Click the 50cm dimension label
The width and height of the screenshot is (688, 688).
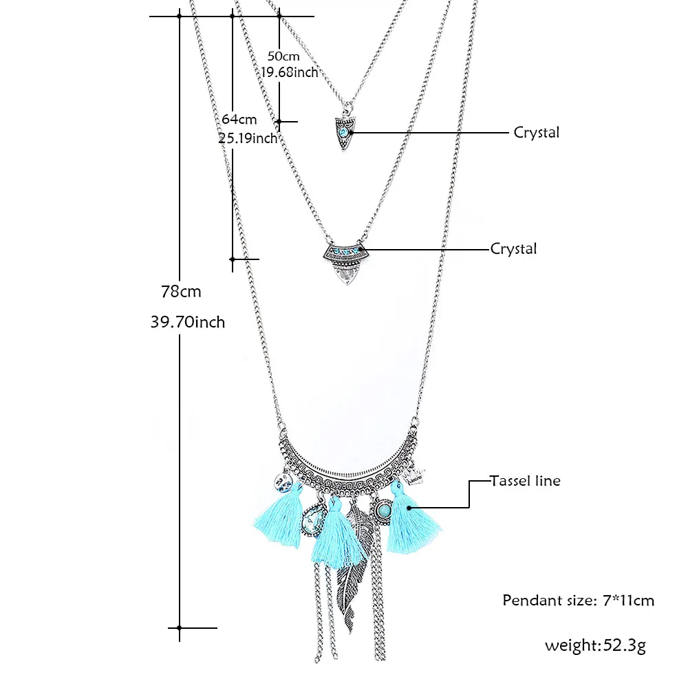pyautogui.click(x=283, y=56)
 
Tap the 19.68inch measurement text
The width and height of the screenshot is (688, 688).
pyautogui.click(x=290, y=72)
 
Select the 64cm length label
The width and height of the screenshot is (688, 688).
pyautogui.click(x=239, y=119)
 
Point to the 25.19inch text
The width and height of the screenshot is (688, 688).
pyautogui.click(x=248, y=138)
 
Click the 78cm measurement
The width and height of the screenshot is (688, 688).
pyautogui.click(x=181, y=291)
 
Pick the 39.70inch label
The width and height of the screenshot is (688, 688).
pyautogui.click(x=188, y=322)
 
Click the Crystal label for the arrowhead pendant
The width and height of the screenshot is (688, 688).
pyautogui.click(x=536, y=133)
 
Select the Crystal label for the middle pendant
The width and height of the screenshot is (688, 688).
pyautogui.click(x=513, y=249)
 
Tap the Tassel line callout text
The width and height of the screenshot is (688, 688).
pyautogui.click(x=525, y=481)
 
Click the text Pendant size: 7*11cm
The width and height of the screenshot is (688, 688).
pyautogui.click(x=579, y=600)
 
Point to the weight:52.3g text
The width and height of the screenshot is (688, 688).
pyautogui.click(x=595, y=645)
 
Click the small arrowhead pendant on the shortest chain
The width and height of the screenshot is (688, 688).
pyautogui.click(x=344, y=133)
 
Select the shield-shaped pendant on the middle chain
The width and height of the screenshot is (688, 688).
pyautogui.click(x=347, y=264)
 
